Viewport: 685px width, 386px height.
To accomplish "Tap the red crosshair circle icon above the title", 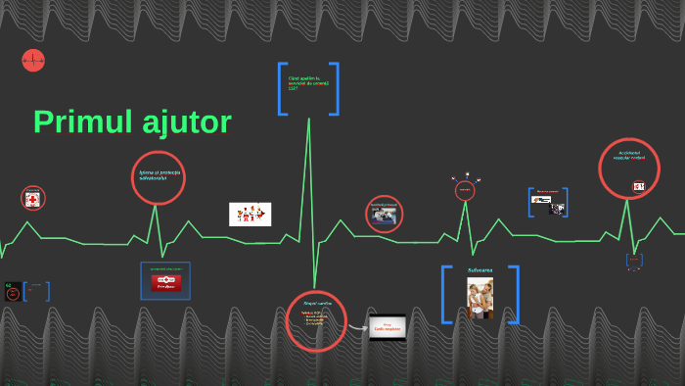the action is point(33,61).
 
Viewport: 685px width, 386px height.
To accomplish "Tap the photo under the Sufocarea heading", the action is point(479,298).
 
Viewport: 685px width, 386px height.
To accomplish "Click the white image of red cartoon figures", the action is point(250,214).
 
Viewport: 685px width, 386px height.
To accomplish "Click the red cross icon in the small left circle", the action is point(33,199).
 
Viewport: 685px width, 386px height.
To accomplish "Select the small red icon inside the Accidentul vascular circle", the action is point(639,186).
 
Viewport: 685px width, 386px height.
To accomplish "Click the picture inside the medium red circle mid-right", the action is point(383,215).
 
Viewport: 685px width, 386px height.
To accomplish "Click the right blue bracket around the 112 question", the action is point(335,88).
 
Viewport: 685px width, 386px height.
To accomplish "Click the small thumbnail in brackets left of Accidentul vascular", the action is point(548,202).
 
